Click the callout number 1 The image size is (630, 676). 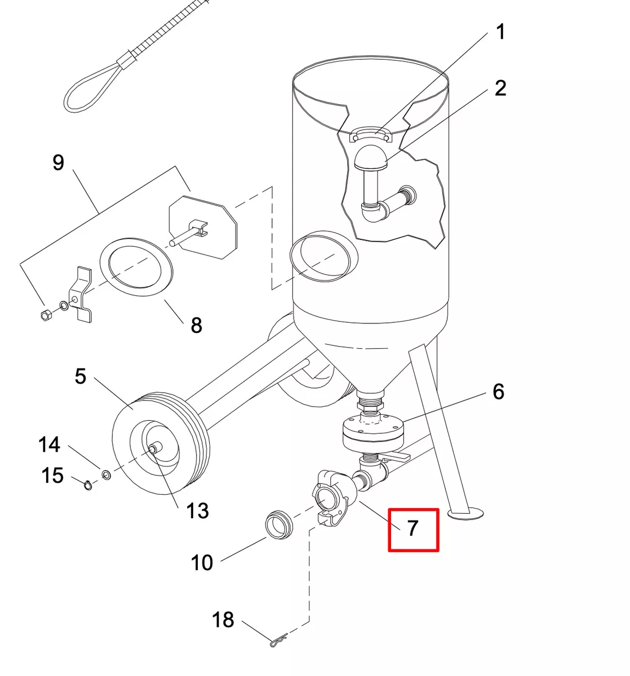(x=500, y=32)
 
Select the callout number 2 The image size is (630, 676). (x=500, y=88)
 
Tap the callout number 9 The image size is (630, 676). (x=58, y=162)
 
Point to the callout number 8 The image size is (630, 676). (x=197, y=325)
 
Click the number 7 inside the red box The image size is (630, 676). (x=412, y=528)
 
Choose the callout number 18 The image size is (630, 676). (x=223, y=620)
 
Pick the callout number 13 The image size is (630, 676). (x=198, y=510)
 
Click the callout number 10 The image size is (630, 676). (x=202, y=562)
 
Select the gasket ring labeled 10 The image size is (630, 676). (x=278, y=524)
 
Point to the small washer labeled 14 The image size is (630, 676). (x=107, y=474)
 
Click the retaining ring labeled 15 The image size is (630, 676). (x=88, y=485)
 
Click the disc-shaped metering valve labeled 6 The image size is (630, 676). (x=373, y=430)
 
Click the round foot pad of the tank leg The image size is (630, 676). (x=465, y=513)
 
